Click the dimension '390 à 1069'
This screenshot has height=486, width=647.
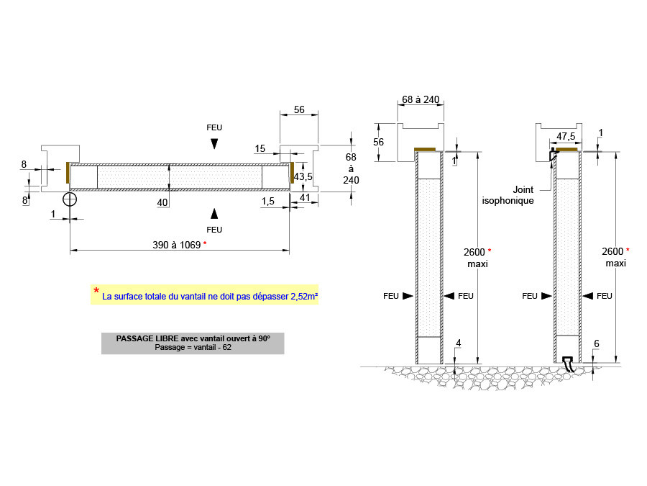177,245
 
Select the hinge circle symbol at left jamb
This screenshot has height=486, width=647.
70,199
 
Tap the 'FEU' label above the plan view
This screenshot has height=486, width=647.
214,127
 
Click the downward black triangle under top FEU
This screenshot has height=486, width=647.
214,144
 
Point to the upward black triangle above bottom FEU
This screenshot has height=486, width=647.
214,212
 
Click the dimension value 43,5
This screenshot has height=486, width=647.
303,176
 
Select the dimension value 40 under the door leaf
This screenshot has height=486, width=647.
162,203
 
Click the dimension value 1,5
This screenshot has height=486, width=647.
268,201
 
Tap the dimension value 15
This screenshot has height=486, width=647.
260,149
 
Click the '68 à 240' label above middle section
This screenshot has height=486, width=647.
421,99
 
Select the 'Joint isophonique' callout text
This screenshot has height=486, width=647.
508,195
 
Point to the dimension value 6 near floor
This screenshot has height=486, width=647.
596,345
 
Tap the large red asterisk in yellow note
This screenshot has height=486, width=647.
96,291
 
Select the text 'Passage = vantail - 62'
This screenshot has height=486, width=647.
193,347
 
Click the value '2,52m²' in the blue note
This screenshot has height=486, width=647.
305,296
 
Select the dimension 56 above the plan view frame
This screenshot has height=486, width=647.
299,109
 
